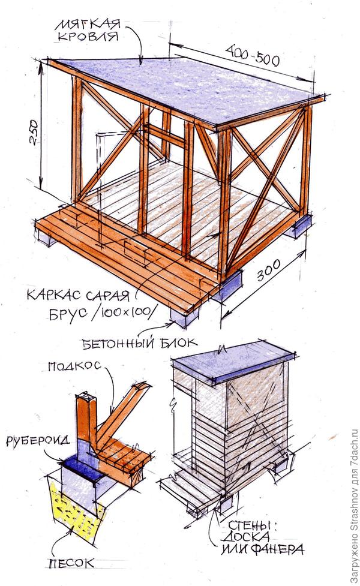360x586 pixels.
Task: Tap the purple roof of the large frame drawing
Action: [180, 90]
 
